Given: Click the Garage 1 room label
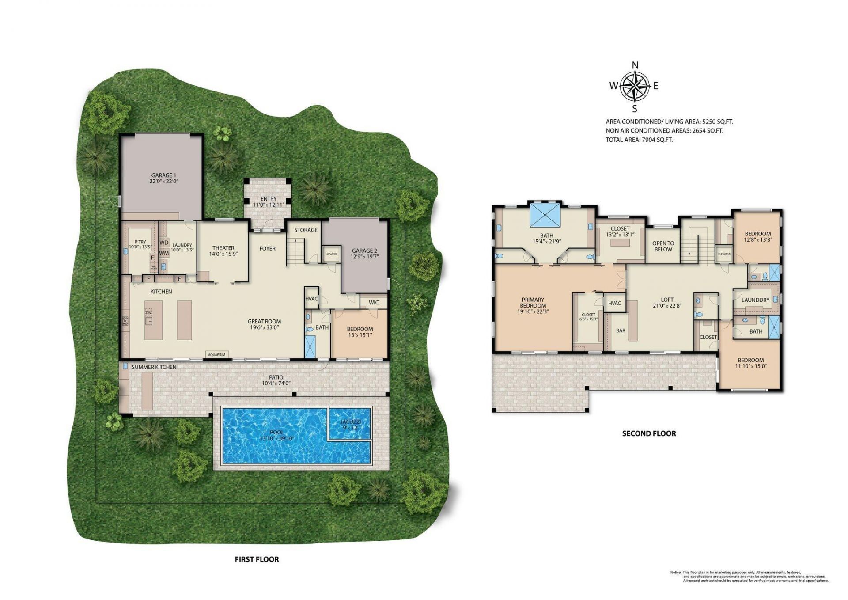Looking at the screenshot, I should click(x=164, y=178).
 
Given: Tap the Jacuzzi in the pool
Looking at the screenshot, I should click(x=349, y=425).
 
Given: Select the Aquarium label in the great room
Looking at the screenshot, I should click(x=216, y=354).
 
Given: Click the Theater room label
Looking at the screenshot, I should click(x=223, y=251).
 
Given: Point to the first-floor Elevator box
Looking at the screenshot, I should click(x=331, y=254).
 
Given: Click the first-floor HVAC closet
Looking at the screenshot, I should click(x=311, y=299).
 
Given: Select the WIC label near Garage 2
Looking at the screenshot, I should click(x=374, y=303).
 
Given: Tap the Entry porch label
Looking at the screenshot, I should click(x=268, y=201).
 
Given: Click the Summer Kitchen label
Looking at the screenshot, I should click(x=154, y=367).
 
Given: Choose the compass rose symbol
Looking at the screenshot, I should click(x=635, y=86).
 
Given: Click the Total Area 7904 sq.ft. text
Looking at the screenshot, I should click(x=639, y=140).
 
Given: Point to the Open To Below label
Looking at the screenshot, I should click(x=663, y=246).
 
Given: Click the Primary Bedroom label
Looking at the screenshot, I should click(x=533, y=305).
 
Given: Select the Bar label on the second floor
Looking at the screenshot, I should click(x=621, y=330).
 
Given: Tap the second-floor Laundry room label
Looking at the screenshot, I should click(x=755, y=300).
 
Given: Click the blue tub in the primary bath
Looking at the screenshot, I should click(x=545, y=215).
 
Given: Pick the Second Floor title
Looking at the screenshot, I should click(x=649, y=433).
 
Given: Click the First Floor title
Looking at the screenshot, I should click(x=257, y=559).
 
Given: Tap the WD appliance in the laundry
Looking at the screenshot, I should click(x=164, y=243).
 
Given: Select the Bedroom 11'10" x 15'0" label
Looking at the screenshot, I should click(x=750, y=363).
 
